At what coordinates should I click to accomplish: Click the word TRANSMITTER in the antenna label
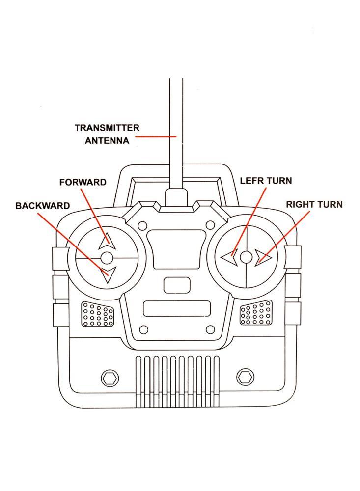[107, 128]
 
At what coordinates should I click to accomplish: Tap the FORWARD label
[83, 182]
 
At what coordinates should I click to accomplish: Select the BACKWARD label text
[42, 206]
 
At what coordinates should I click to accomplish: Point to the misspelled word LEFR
[251, 181]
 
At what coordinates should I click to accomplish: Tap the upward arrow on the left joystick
[107, 242]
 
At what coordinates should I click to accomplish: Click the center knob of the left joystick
[107, 257]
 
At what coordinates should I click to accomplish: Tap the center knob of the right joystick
[246, 257]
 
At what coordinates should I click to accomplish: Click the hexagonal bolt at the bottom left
[109, 378]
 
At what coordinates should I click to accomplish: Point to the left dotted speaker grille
[98, 314]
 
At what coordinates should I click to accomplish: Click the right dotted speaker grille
[255, 313]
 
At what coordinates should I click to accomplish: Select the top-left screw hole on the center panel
[142, 225]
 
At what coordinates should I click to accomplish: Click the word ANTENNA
[107, 141]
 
